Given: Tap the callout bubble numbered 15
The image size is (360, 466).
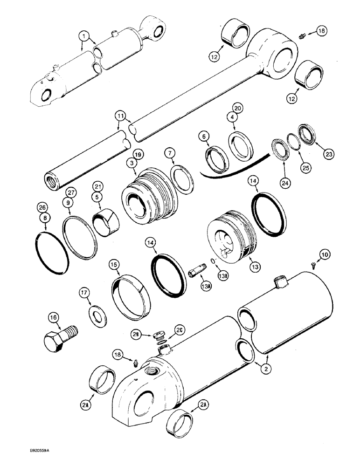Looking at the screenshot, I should tap(114, 264).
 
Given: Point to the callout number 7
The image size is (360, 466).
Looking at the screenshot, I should tap(170, 152).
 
